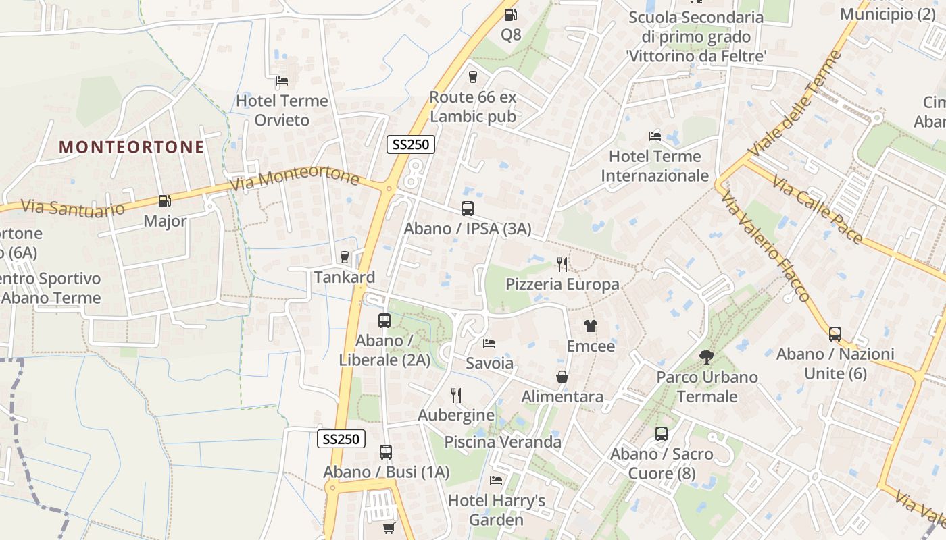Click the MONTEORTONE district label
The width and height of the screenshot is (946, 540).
pyautogui.click(x=132, y=147)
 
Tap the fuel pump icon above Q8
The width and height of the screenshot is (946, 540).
pyautogui.click(x=511, y=14)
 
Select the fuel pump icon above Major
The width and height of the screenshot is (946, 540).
pyautogui.click(x=164, y=200)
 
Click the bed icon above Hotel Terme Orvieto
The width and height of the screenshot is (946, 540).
pyautogui.click(x=282, y=81)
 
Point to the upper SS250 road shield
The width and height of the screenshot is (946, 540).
pyautogui.click(x=410, y=144)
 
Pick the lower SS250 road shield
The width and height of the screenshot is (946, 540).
pyautogui.click(x=341, y=439)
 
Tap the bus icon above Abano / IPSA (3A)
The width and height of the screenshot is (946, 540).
pyautogui.click(x=467, y=209)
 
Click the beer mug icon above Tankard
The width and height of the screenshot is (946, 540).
pyautogui.click(x=345, y=257)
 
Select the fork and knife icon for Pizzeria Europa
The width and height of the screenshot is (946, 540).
pyautogui.click(x=562, y=264)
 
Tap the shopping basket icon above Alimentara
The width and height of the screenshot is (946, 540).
pyautogui.click(x=562, y=377)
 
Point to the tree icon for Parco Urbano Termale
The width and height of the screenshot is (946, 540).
pyautogui.click(x=707, y=356)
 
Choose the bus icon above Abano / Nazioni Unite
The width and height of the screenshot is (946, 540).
pyautogui.click(x=835, y=333)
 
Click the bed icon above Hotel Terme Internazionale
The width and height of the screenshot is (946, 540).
pyautogui.click(x=654, y=136)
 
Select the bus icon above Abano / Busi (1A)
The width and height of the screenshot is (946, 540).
pyautogui.click(x=385, y=452)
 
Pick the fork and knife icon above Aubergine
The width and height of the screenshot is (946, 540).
pyautogui.click(x=456, y=395)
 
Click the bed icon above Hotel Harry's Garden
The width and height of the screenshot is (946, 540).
pyautogui.click(x=496, y=481)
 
